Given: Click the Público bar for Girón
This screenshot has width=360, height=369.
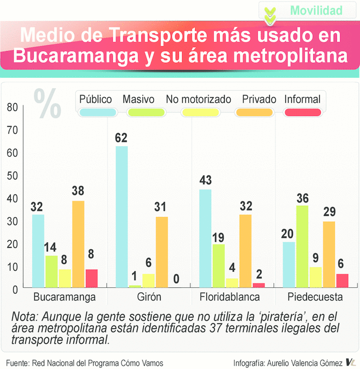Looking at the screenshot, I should (x=122, y=217).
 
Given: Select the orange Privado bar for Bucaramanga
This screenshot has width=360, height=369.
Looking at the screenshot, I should (x=78, y=244).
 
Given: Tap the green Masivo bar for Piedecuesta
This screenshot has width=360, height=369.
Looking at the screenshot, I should (x=303, y=247).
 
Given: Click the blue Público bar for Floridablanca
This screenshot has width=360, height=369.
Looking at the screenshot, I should (x=205, y=238).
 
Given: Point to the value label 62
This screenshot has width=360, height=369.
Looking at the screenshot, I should (x=121, y=138).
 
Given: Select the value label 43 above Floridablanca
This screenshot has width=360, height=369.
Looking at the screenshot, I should (x=205, y=181).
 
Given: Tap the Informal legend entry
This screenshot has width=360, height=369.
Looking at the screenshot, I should (x=302, y=99).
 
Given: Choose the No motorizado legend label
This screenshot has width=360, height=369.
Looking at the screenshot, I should (x=198, y=99).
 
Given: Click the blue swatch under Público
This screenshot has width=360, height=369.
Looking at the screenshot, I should (x=96, y=112).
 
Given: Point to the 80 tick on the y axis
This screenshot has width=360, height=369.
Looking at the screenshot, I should (x=12, y=107).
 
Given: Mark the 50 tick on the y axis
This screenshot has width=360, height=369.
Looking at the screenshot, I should (x=12, y=175).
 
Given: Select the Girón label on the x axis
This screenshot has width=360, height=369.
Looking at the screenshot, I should (x=149, y=296).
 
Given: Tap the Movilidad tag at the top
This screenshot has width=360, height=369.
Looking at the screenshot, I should (x=316, y=10).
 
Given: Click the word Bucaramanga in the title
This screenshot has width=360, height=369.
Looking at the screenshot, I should (x=72, y=55).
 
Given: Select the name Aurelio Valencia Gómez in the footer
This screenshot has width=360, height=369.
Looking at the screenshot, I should (x=301, y=363).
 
